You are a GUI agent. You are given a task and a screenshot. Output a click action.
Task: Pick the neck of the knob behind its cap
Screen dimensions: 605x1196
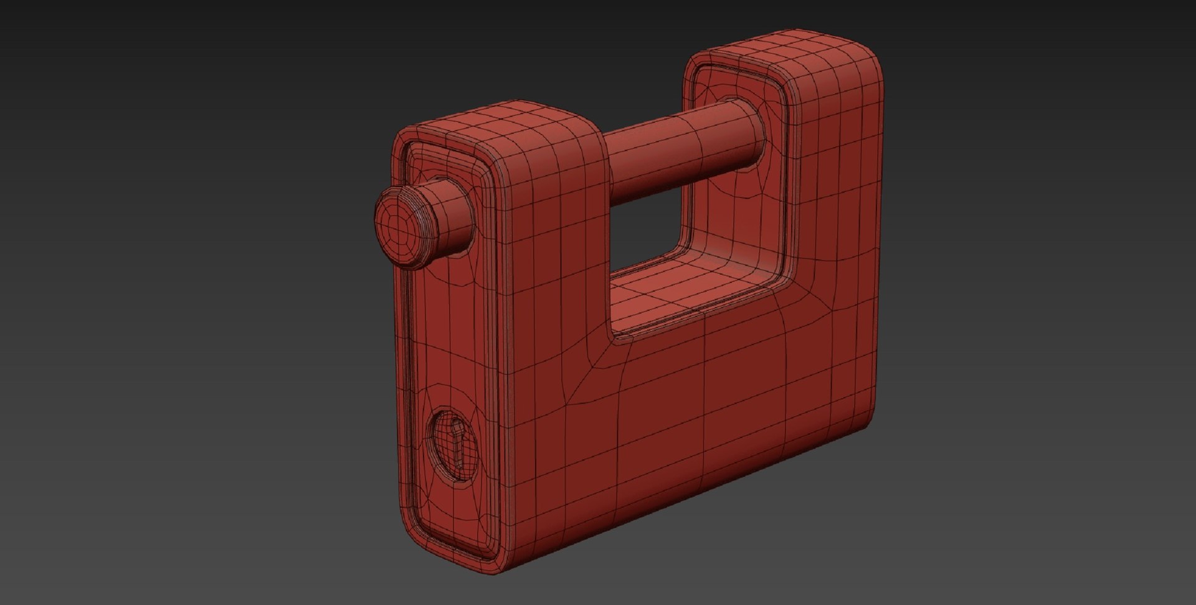tap(452, 212)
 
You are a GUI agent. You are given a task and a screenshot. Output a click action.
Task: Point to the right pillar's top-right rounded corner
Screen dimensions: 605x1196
tap(869, 59)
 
